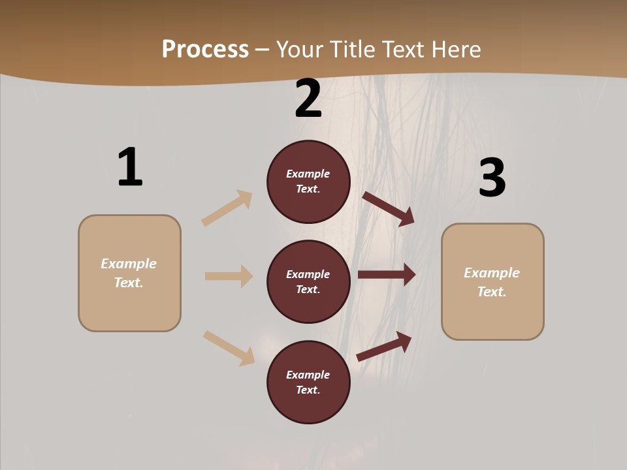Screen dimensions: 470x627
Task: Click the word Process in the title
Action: point(205,49)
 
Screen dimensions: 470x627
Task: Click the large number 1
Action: point(130,168)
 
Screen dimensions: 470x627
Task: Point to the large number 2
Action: point(308,99)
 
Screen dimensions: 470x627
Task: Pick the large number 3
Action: point(492,178)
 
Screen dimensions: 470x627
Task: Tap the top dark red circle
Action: point(308,181)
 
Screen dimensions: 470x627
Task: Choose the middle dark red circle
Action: point(308,282)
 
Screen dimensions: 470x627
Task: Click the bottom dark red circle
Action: point(308,383)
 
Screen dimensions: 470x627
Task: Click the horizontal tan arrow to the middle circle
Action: point(229,276)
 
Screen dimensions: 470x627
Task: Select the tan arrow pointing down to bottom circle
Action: point(229,348)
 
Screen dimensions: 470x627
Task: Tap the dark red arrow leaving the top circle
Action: point(389,209)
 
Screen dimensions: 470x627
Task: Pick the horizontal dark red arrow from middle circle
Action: point(387,275)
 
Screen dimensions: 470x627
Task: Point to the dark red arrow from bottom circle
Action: point(385,346)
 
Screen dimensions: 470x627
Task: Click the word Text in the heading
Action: point(405,49)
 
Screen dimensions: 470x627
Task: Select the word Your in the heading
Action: point(298,49)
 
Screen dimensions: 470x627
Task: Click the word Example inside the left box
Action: point(129,264)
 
